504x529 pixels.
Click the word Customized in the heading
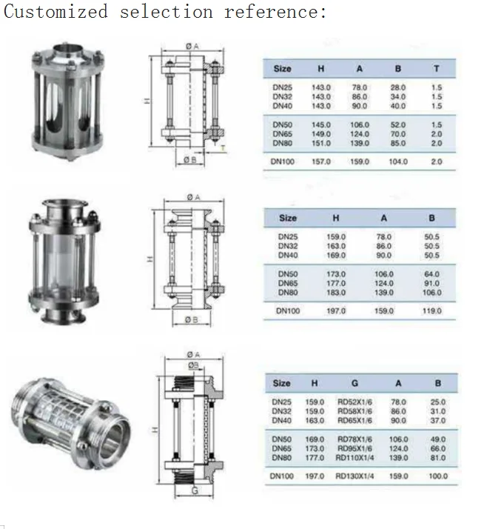(x=56, y=12)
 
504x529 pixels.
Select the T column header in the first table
(x=437, y=69)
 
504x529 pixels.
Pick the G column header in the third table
(x=355, y=383)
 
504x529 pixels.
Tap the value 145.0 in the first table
(x=321, y=124)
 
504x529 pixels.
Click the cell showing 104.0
(x=398, y=161)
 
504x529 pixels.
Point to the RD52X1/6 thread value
(x=355, y=402)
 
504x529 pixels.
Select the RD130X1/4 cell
(x=355, y=476)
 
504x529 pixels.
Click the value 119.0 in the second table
(x=432, y=311)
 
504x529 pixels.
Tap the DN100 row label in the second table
(x=288, y=311)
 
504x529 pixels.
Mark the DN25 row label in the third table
(x=282, y=402)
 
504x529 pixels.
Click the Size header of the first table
(x=282, y=69)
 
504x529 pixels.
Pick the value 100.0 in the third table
(x=438, y=476)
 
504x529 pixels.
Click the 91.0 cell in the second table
(x=432, y=283)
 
